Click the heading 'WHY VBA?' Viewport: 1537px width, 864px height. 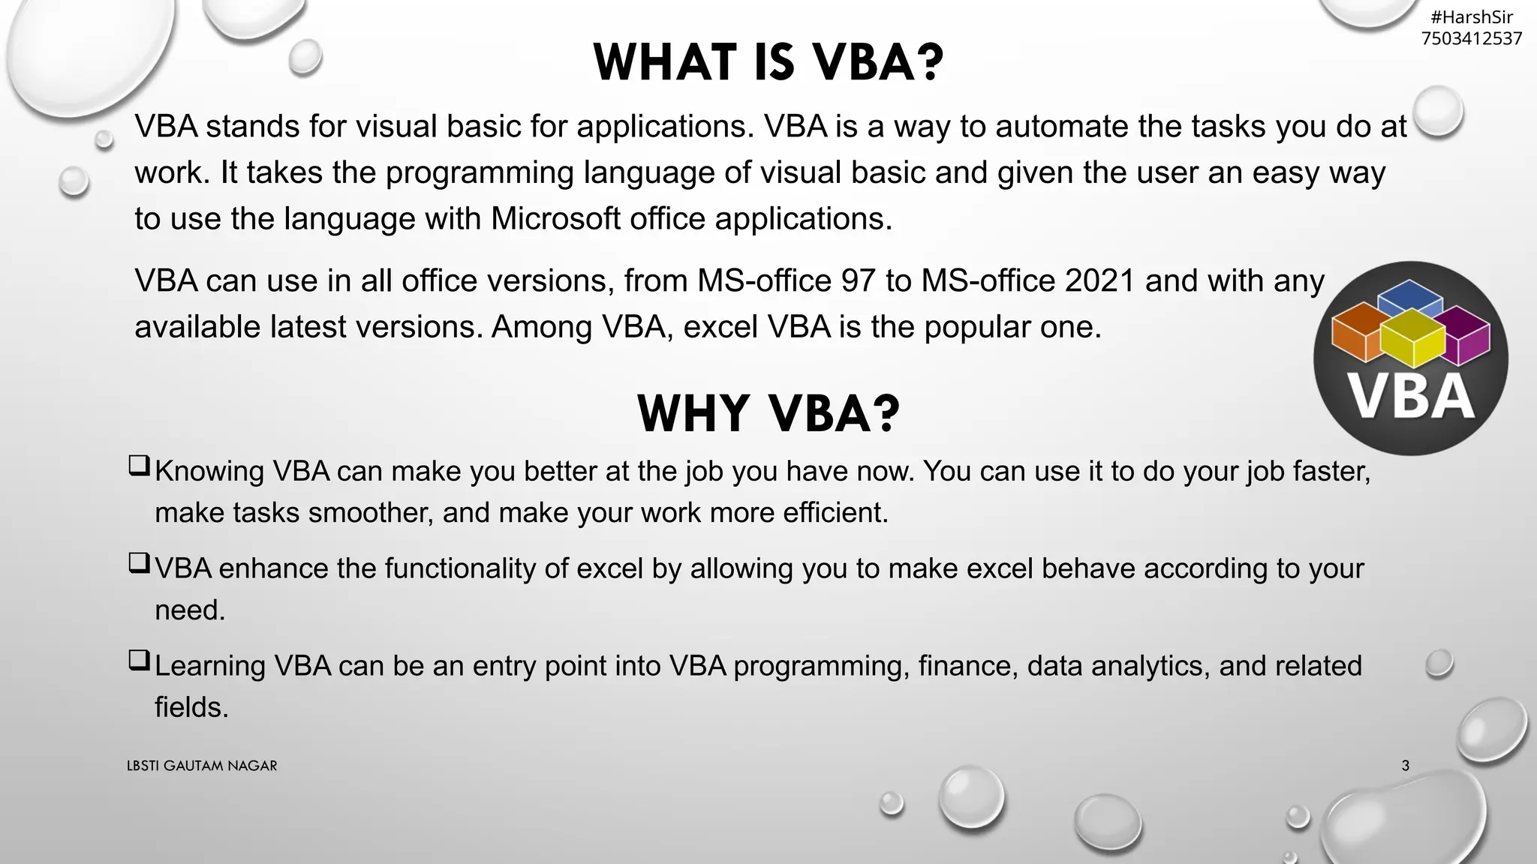pyautogui.click(x=768, y=413)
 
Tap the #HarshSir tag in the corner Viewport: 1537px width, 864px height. pyautogui.click(x=1471, y=17)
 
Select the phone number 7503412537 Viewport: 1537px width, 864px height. pyautogui.click(x=1471, y=38)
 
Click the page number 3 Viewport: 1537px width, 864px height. pyautogui.click(x=1405, y=766)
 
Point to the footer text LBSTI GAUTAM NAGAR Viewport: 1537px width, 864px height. pyautogui.click(x=202, y=766)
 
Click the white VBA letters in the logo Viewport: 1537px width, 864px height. pyautogui.click(x=1411, y=397)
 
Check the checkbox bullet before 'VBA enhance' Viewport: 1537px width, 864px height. pyautogui.click(x=139, y=563)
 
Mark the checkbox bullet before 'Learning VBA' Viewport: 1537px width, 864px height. pyautogui.click(x=139, y=661)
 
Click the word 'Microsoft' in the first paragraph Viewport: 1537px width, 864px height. pyautogui.click(x=555, y=219)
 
